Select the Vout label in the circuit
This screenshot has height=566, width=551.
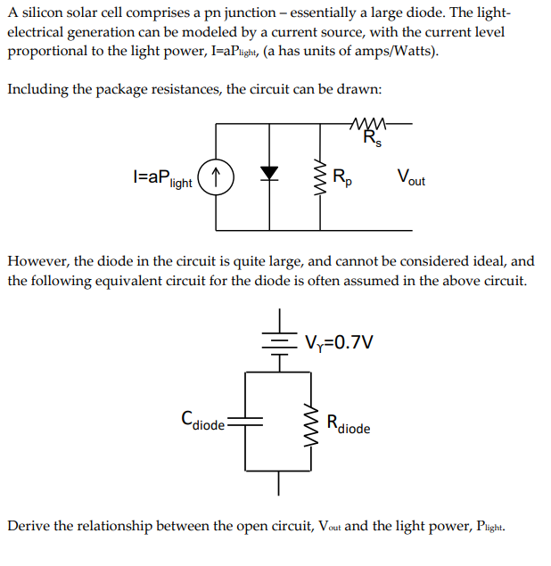click(x=411, y=176)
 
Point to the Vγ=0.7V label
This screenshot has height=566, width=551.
click(x=338, y=341)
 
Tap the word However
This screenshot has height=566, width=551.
click(x=37, y=261)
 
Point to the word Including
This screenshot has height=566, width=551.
click(x=38, y=90)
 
